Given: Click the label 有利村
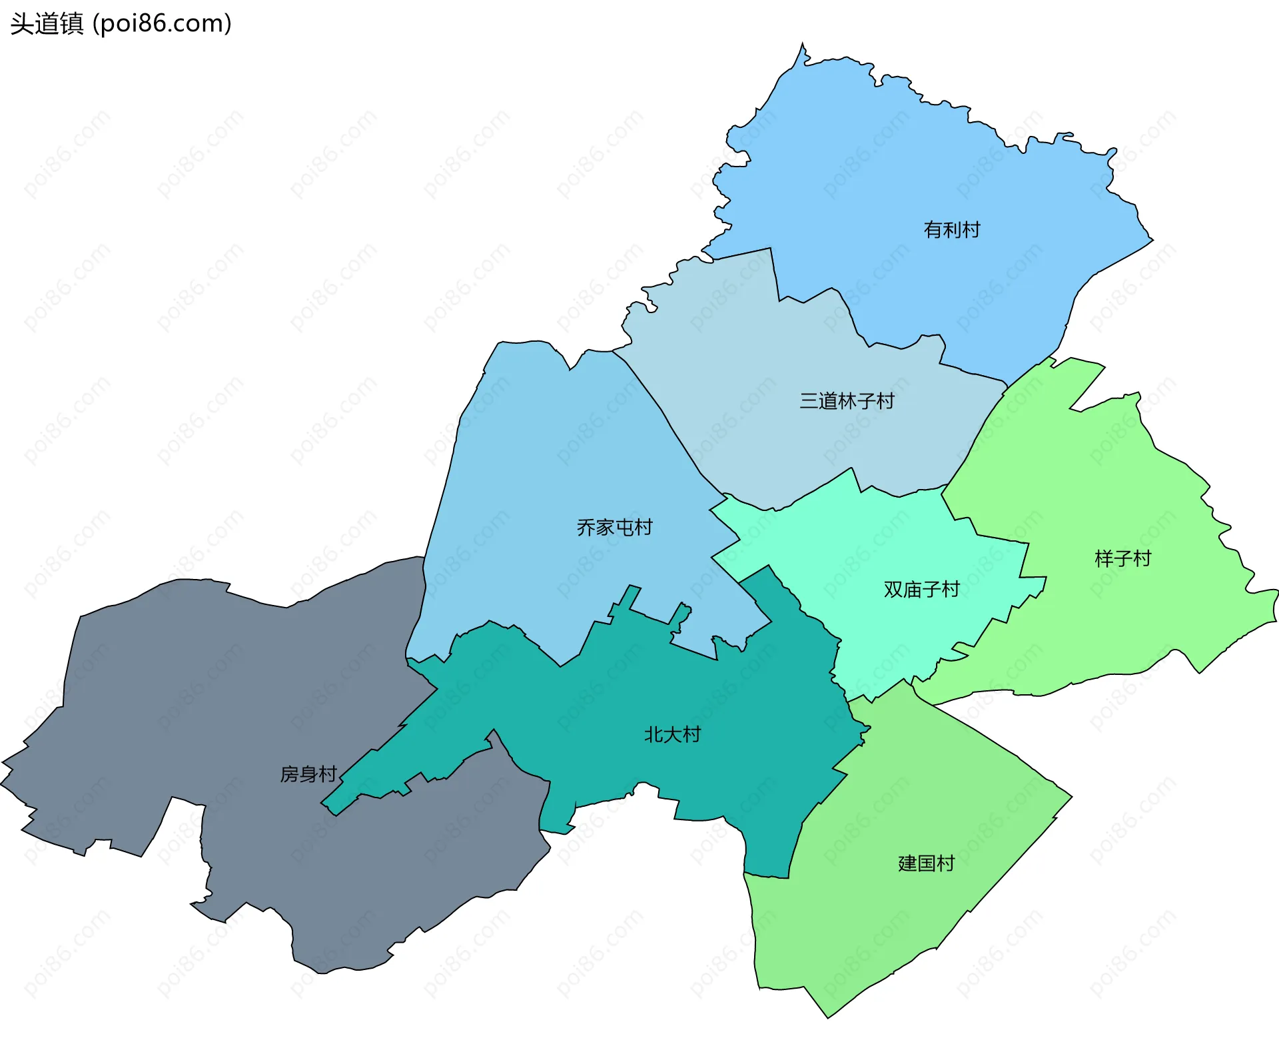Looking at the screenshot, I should click(952, 230).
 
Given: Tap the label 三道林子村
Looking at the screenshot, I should click(847, 401).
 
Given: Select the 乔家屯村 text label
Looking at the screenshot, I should click(614, 528).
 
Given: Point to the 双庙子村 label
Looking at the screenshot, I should click(921, 589).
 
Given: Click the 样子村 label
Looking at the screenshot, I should click(1123, 558).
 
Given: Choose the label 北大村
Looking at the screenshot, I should click(672, 734).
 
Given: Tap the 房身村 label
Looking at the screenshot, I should click(308, 774).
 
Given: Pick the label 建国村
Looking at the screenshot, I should click(926, 863).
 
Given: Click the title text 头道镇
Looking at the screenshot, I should click(47, 24).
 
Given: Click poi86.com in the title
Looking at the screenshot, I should click(162, 24).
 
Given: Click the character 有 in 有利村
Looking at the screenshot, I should click(933, 230).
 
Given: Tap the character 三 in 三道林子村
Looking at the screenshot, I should click(809, 401).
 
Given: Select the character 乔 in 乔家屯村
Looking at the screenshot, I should click(586, 528).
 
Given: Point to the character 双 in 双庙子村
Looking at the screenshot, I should click(893, 589).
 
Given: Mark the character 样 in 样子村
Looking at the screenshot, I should click(1104, 558).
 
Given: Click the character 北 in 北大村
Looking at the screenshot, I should click(653, 734).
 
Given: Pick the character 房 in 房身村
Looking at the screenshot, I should click(290, 774).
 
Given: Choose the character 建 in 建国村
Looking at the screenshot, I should click(907, 863).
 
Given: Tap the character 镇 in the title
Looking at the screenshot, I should click(71, 24).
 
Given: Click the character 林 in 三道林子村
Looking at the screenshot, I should click(847, 401).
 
